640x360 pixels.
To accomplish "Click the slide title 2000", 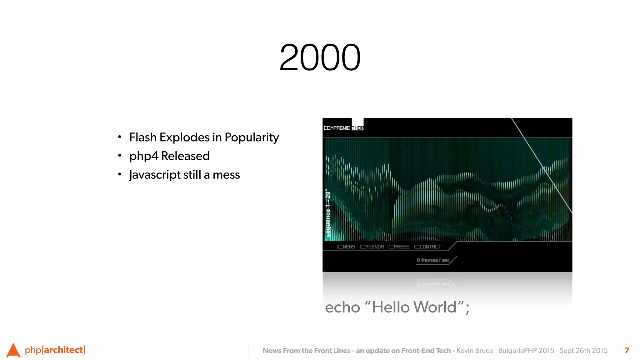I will (x=320, y=57).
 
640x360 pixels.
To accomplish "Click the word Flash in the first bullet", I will (x=143, y=137).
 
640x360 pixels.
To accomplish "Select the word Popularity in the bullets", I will (x=252, y=137).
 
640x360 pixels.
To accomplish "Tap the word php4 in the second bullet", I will (x=144, y=156).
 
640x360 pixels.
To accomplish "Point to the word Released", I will (x=185, y=156).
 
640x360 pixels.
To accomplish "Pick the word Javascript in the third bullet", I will (x=155, y=175).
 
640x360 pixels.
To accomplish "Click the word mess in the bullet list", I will (x=226, y=175).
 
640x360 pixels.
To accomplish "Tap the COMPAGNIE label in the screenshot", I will (x=337, y=128).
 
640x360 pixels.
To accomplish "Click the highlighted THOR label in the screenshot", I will (x=357, y=128).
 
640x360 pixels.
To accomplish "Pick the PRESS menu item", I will (x=399, y=247).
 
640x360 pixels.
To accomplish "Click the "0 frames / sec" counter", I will (x=433, y=260).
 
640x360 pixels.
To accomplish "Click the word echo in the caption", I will (x=342, y=307).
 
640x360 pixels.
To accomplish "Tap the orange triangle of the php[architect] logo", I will (x=13, y=351).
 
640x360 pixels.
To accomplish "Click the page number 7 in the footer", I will (x=627, y=350).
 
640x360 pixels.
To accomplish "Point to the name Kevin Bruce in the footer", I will (x=474, y=351).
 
